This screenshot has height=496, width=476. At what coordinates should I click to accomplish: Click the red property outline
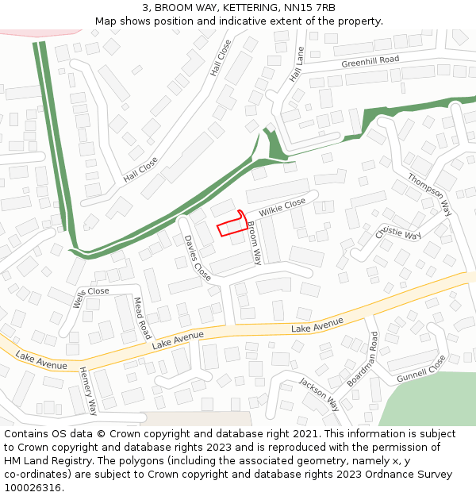point(232,225)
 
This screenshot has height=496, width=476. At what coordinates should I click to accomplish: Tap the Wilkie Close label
point(282,208)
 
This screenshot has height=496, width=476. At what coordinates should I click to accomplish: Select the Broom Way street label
point(254,243)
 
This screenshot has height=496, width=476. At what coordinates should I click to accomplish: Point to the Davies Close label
point(198,258)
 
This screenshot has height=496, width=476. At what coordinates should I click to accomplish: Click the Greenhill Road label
point(370,62)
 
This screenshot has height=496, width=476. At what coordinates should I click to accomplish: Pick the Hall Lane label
point(297,64)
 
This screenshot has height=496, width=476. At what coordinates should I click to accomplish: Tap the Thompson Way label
point(429,194)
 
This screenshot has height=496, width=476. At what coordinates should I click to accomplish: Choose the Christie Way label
point(398,234)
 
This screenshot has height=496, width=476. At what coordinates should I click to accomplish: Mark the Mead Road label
point(142,317)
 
